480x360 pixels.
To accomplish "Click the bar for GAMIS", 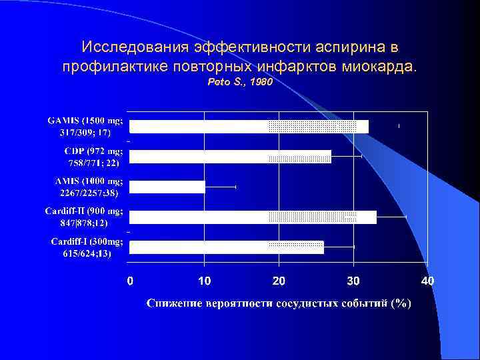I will click(248, 127).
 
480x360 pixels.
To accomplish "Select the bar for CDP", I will click(230, 157).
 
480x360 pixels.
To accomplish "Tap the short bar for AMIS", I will click(167, 187).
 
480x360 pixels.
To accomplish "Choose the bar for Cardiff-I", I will click(226, 247).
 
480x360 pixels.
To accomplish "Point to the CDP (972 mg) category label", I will click(93, 157).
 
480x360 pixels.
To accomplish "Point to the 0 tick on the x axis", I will click(130, 281).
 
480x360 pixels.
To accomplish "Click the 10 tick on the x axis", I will click(204, 281).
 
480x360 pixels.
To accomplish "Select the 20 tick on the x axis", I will click(279, 281).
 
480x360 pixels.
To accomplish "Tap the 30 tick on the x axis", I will click(353, 281).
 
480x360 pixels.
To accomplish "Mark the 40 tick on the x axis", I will click(427, 281).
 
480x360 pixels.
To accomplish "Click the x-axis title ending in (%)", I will click(279, 303).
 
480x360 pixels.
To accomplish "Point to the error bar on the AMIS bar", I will click(221, 187).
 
